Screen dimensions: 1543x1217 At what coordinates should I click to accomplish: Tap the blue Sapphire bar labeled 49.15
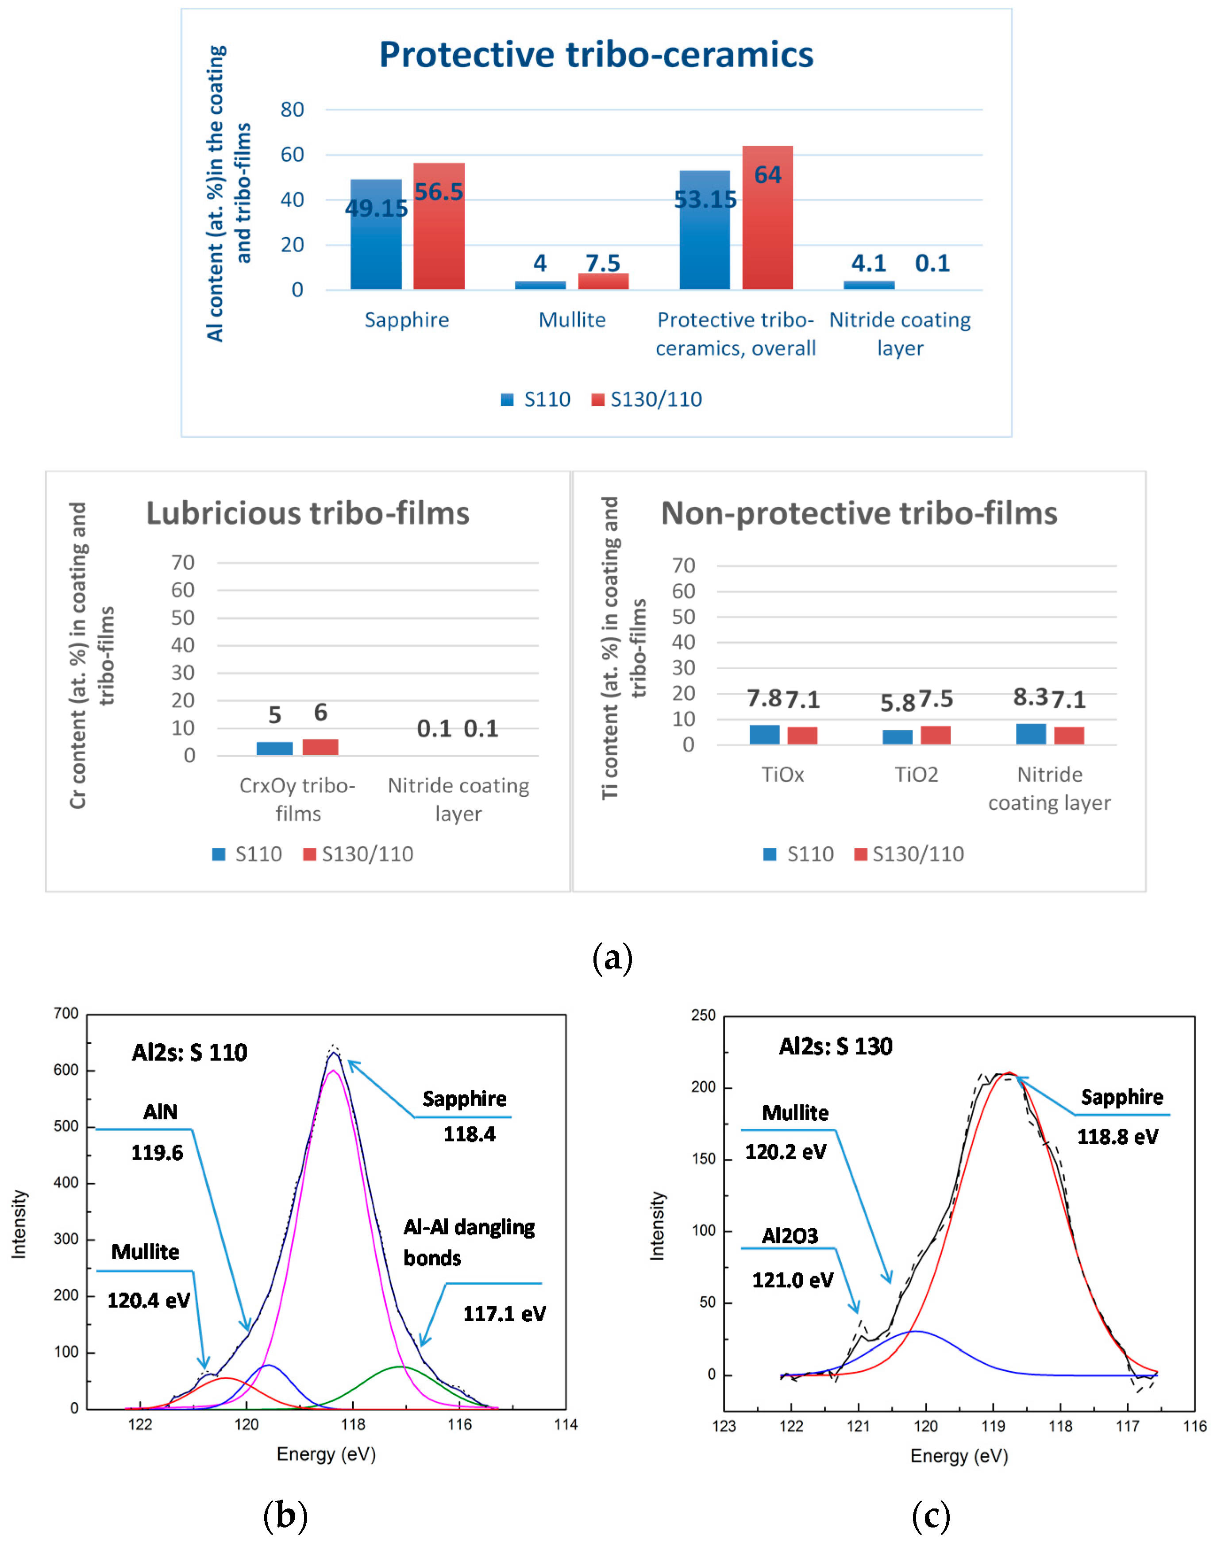(x=376, y=235)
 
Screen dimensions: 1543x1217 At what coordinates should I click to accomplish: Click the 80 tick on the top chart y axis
(x=292, y=110)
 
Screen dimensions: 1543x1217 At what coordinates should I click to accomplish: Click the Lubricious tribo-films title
(x=308, y=513)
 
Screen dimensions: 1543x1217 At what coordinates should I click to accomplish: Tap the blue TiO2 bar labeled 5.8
(x=897, y=737)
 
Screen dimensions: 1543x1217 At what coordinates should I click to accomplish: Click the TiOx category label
(x=782, y=775)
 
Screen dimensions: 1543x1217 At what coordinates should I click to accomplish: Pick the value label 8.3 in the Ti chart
(x=1030, y=697)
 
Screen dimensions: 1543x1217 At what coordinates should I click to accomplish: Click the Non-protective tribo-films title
(x=859, y=513)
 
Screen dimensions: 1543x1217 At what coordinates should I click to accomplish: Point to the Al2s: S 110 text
(x=189, y=1053)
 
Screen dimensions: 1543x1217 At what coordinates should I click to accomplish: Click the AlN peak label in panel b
(x=160, y=1112)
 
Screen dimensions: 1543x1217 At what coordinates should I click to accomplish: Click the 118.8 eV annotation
(x=1117, y=1136)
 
